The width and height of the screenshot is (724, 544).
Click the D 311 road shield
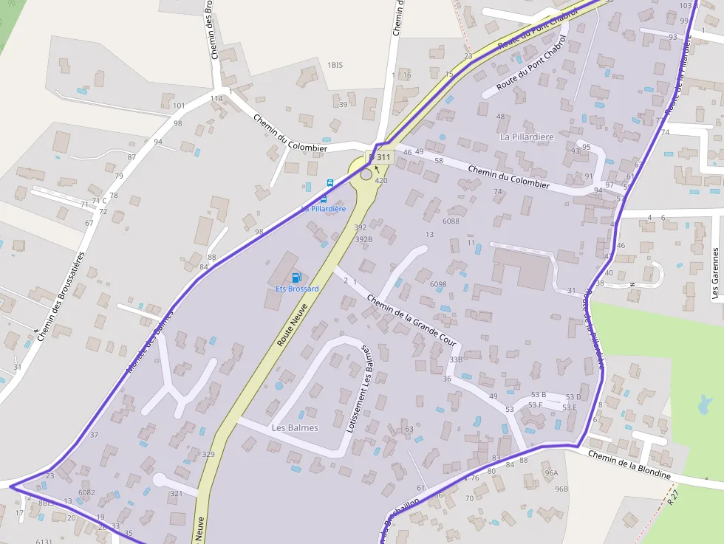pyautogui.click(x=380, y=157)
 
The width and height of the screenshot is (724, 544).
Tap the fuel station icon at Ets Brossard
pyautogui.click(x=296, y=278)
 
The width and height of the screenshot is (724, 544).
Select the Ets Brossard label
pyautogui.click(x=297, y=289)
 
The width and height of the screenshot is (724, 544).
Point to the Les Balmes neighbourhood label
pyautogui.click(x=295, y=427)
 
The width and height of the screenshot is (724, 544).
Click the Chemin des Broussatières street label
pyautogui.click(x=61, y=296)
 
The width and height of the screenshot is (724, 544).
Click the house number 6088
pyautogui.click(x=451, y=221)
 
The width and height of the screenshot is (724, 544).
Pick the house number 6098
pyautogui.click(x=438, y=284)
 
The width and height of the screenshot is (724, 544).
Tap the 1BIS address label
pyautogui.click(x=335, y=66)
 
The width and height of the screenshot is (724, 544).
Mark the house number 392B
pyautogui.click(x=363, y=239)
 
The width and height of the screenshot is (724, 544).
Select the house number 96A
pyautogui.click(x=550, y=472)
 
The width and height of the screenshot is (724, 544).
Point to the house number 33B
pyautogui.click(x=456, y=359)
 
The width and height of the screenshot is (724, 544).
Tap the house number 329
pyautogui.click(x=208, y=454)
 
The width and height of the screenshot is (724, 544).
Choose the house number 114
pyautogui.click(x=216, y=98)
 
